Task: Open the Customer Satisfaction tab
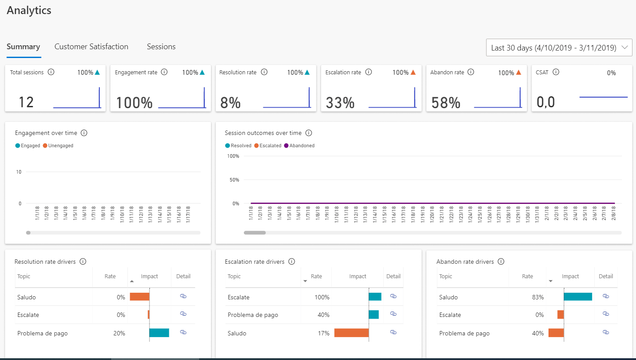pyautogui.click(x=91, y=47)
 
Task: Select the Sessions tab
pyautogui.click(x=161, y=47)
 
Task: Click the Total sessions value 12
pyautogui.click(x=26, y=102)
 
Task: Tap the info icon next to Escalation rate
pyautogui.click(x=369, y=72)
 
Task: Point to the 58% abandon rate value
pyautogui.click(x=446, y=103)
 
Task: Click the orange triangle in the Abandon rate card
pyautogui.click(x=518, y=73)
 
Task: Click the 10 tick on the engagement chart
pyautogui.click(x=18, y=172)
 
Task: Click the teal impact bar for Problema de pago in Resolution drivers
pyautogui.click(x=159, y=333)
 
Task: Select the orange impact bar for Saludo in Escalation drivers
pyautogui.click(x=351, y=333)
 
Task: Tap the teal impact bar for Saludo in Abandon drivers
pyautogui.click(x=578, y=297)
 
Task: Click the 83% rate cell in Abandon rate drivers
pyautogui.click(x=538, y=297)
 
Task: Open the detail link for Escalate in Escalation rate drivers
pyautogui.click(x=393, y=297)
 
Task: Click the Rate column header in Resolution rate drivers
pyautogui.click(x=110, y=276)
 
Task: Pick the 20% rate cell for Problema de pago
pyautogui.click(x=119, y=333)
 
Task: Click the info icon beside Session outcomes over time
pyautogui.click(x=309, y=133)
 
